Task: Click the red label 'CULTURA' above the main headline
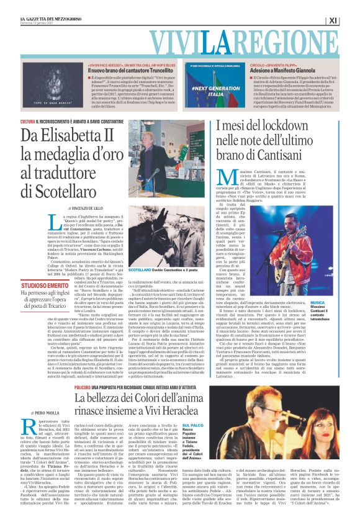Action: tap(27, 122)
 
